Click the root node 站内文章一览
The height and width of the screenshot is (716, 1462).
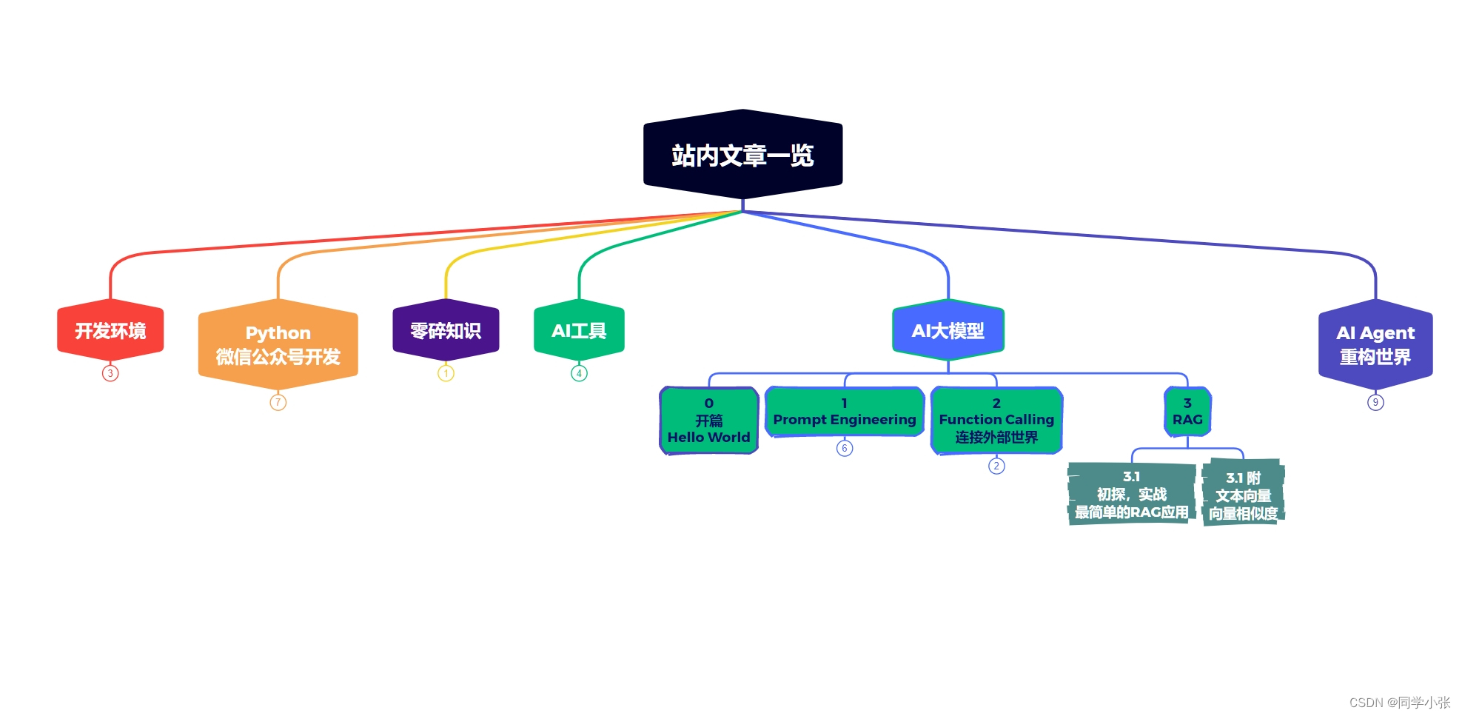[742, 155]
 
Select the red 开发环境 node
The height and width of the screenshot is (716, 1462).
[110, 330]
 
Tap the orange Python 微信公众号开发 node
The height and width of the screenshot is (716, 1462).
[278, 344]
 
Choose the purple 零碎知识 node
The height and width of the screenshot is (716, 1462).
[446, 330]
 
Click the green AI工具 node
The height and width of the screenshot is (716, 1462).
[579, 330]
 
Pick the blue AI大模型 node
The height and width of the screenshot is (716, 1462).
[948, 330]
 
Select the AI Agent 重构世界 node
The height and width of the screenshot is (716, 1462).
[1375, 344]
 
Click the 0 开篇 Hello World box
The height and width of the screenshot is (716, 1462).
[708, 421]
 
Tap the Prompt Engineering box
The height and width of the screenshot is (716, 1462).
[844, 412]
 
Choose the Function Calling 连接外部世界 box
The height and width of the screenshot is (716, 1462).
[996, 421]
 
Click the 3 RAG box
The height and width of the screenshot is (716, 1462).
[1187, 412]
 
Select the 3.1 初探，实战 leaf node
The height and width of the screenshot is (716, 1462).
[1131, 494]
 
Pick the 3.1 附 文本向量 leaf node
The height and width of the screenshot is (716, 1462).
[1243, 495]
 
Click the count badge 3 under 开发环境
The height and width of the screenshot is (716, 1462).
[110, 373]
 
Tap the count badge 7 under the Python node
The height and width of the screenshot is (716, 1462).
[278, 402]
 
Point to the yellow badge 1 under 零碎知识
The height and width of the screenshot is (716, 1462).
[446, 373]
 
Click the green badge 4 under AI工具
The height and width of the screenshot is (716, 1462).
[579, 373]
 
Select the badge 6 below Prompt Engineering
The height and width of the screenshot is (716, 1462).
[844, 448]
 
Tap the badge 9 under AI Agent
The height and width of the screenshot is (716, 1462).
[1375, 402]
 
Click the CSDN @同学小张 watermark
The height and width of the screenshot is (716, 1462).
[1399, 702]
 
